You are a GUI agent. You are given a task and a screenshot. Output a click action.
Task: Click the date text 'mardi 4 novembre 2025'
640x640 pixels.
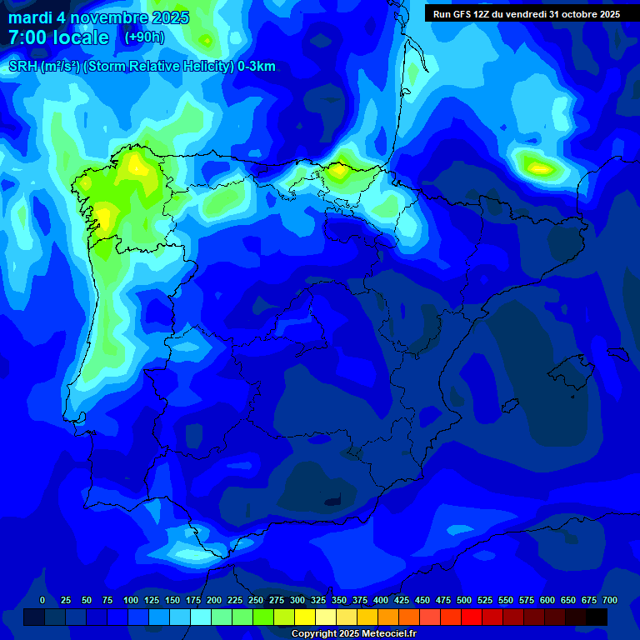98,17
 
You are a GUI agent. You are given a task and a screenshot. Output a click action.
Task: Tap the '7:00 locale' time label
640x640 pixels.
58,37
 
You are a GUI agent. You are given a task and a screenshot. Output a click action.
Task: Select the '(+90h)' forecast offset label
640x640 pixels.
144,37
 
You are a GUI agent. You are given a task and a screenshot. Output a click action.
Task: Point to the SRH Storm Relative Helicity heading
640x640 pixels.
142,67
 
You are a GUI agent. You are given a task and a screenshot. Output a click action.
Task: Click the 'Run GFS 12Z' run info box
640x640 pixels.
526,14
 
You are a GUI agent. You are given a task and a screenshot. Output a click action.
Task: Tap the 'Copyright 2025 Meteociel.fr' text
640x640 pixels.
353,633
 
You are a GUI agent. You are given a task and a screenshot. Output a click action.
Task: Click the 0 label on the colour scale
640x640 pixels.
42,600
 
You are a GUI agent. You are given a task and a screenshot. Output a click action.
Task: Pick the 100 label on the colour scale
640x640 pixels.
131,600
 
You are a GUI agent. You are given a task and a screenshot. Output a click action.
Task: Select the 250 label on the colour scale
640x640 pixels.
256,600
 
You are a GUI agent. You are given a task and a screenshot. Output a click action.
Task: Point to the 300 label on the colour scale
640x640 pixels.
297,600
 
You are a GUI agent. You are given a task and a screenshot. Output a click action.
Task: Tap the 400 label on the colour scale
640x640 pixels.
381,600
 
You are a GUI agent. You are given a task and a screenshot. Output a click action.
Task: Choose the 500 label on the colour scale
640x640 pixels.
464,600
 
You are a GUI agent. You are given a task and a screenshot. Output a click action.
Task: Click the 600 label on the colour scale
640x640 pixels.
547,600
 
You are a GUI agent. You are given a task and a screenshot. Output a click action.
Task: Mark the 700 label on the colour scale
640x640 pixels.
610,600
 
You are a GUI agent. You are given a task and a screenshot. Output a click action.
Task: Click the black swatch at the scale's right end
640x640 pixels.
597,617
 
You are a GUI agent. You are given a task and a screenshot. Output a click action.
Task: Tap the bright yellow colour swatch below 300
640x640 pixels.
305,617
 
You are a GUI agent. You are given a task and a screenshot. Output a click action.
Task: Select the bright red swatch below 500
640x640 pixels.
472,617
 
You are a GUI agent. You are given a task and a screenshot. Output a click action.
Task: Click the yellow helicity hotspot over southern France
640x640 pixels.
539,167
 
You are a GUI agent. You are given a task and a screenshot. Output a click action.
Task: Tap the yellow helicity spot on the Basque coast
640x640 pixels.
338,172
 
